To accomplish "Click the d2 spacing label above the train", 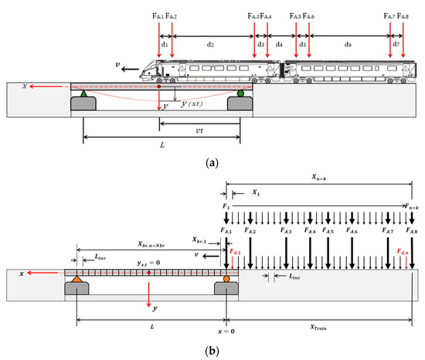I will tap(210, 46).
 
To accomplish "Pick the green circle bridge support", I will tap(240, 93).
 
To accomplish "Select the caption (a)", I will tap(212, 164).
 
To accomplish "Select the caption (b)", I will tap(212, 350).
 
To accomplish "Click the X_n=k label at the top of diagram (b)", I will tap(319, 177).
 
